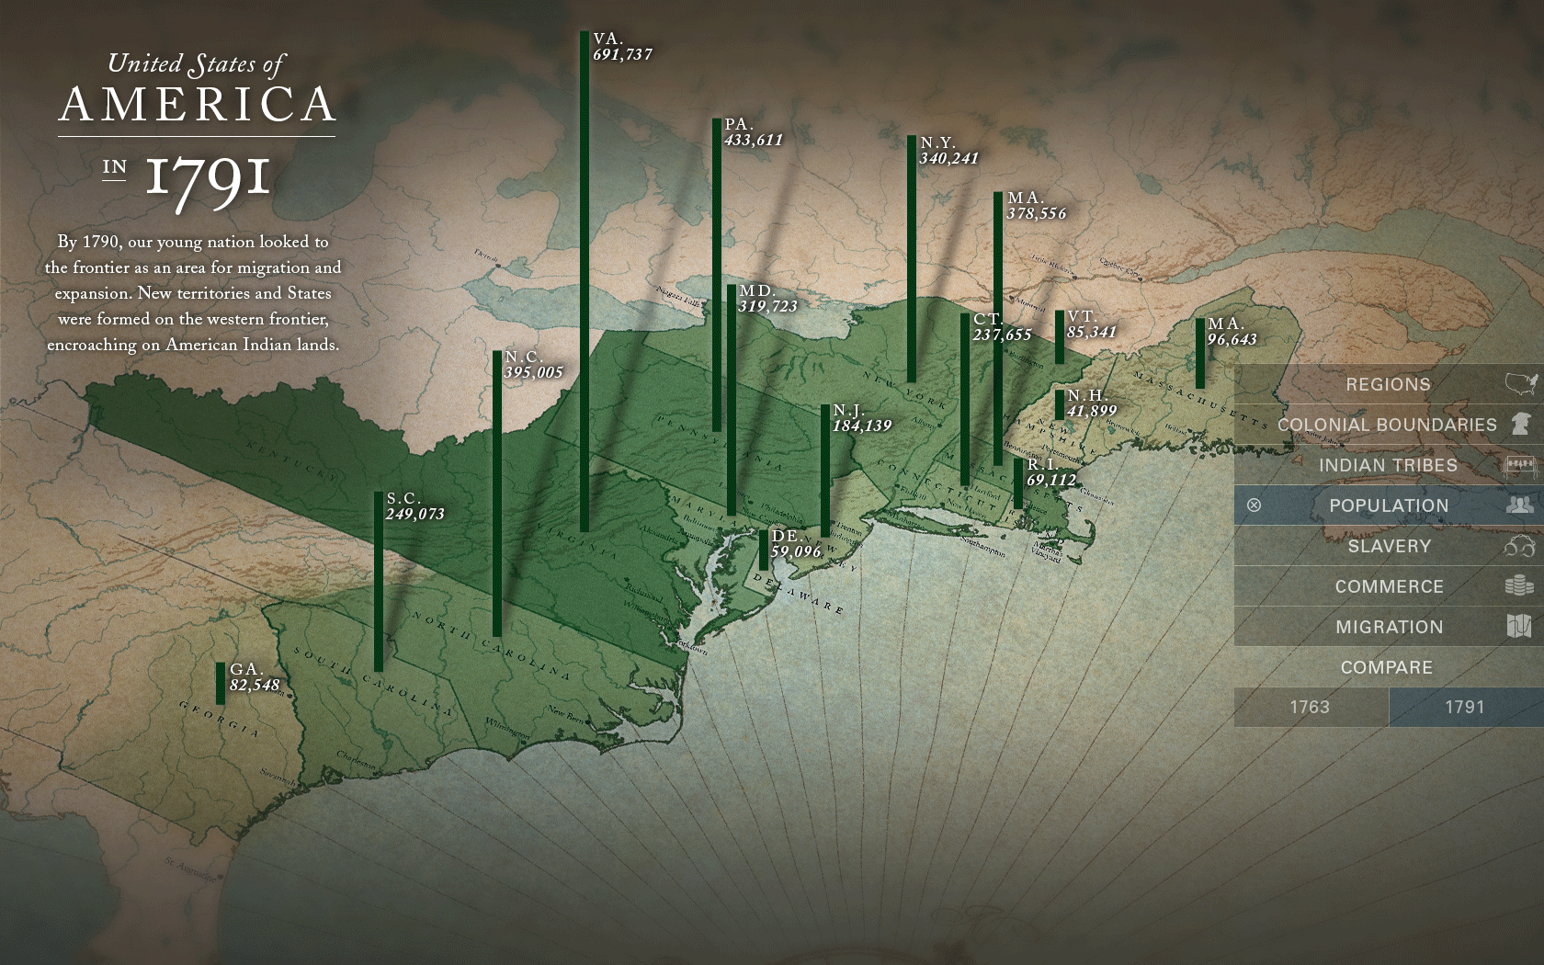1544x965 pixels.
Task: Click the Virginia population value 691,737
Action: click(x=622, y=55)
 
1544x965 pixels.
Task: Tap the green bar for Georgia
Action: click(x=221, y=683)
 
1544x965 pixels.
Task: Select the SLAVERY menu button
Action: click(x=1389, y=546)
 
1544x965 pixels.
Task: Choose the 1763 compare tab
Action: click(x=1310, y=707)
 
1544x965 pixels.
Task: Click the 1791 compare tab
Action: click(x=1464, y=707)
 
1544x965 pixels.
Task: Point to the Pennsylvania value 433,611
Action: click(x=753, y=141)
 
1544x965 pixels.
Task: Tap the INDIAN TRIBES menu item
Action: click(x=1388, y=465)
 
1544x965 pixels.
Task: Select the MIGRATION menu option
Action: click(x=1389, y=627)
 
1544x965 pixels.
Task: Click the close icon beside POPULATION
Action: click(x=1254, y=505)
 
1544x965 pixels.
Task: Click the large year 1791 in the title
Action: click(x=208, y=177)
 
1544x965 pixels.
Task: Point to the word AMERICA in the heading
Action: click(x=198, y=105)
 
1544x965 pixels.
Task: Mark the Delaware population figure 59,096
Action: click(x=795, y=551)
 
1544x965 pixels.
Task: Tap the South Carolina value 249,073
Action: click(x=414, y=515)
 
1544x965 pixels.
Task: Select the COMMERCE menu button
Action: click(x=1389, y=586)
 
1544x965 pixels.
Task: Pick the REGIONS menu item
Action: click(x=1388, y=384)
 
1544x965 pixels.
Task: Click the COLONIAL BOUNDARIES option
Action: click(x=1387, y=425)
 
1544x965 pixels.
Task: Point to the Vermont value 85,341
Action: click(x=1091, y=333)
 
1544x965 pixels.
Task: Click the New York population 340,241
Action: click(x=948, y=159)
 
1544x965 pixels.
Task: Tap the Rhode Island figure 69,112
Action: click(x=1050, y=481)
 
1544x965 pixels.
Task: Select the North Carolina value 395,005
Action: click(x=533, y=373)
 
